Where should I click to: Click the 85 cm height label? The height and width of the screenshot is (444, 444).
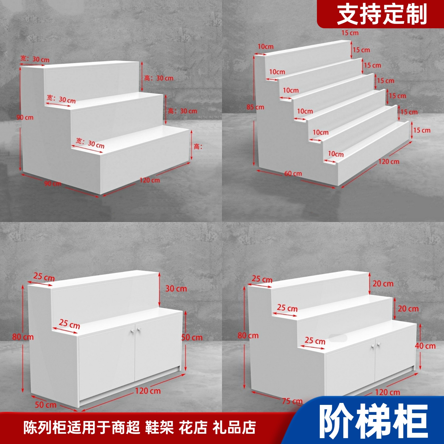click(255, 107)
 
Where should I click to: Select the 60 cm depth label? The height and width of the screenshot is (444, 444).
click(293, 174)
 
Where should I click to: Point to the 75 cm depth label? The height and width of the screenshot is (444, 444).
click(292, 401)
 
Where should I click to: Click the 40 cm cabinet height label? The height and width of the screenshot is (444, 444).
click(425, 346)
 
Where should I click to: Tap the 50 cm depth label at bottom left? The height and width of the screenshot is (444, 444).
click(46, 405)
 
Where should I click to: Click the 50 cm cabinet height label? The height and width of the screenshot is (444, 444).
click(192, 338)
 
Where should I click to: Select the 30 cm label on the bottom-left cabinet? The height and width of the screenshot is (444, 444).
click(176, 289)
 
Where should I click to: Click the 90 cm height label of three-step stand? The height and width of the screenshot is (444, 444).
click(25, 117)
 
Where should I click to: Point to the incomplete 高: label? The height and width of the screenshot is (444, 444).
click(198, 147)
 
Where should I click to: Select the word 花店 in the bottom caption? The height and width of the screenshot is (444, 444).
click(193, 427)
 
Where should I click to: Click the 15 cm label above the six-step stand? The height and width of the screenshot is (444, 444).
click(350, 33)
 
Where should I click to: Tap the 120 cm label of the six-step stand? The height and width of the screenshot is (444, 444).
click(389, 162)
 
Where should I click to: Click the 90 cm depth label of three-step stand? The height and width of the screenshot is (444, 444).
click(53, 183)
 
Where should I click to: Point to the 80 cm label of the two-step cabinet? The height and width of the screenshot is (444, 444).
click(23, 337)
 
